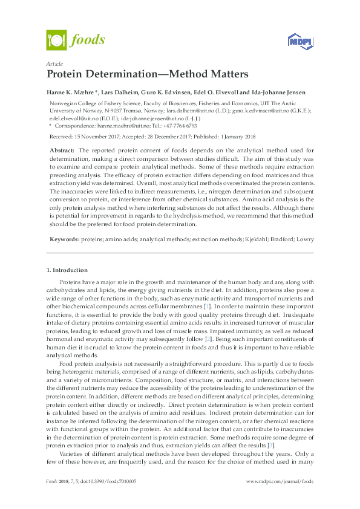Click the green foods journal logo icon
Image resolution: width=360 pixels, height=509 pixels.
[56, 41]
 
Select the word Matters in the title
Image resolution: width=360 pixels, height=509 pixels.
[226, 74]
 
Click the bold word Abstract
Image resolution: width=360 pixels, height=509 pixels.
[62, 149]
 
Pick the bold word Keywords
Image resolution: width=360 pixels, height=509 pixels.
[64, 223]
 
